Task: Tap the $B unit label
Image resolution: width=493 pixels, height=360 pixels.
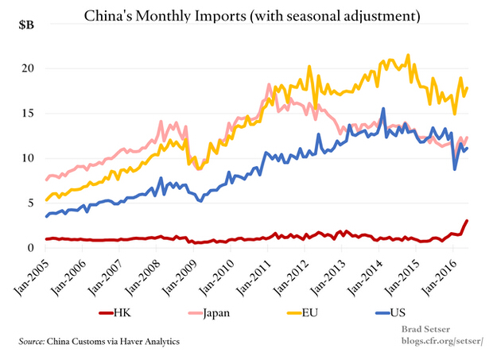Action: [x=26, y=25]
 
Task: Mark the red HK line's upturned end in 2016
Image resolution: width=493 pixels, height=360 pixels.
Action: [x=466, y=221]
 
